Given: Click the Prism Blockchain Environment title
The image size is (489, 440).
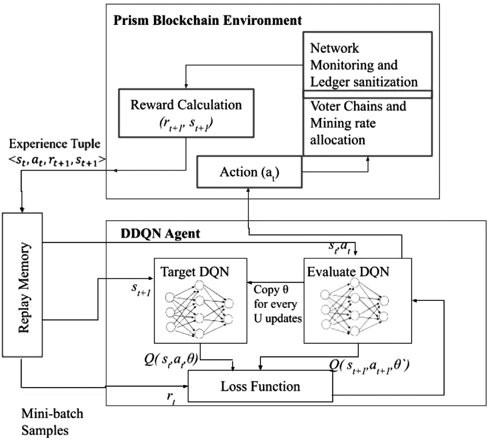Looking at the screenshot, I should (x=207, y=20).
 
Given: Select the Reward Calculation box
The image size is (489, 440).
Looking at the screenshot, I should (x=186, y=113).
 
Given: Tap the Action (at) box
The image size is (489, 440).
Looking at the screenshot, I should (x=249, y=172).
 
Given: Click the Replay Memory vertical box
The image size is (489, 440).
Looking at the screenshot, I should (x=22, y=285).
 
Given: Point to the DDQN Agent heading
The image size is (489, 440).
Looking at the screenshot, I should (x=160, y=233).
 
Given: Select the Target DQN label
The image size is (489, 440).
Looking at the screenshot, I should (x=195, y=271).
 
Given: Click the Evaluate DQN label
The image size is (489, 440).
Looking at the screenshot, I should (x=348, y=271).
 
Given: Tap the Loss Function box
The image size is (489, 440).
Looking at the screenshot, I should (x=260, y=386).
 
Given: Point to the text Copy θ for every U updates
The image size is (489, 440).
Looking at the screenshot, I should (x=277, y=304).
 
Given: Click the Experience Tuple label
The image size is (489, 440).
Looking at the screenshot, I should (x=54, y=144).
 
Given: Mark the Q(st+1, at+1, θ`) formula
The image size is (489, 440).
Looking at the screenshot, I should (x=369, y=366).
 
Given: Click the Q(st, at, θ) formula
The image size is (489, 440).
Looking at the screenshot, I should (x=171, y=360).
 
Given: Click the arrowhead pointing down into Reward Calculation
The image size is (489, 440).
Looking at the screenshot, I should (x=186, y=86).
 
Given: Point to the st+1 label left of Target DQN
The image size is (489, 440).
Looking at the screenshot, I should (x=141, y=289).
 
